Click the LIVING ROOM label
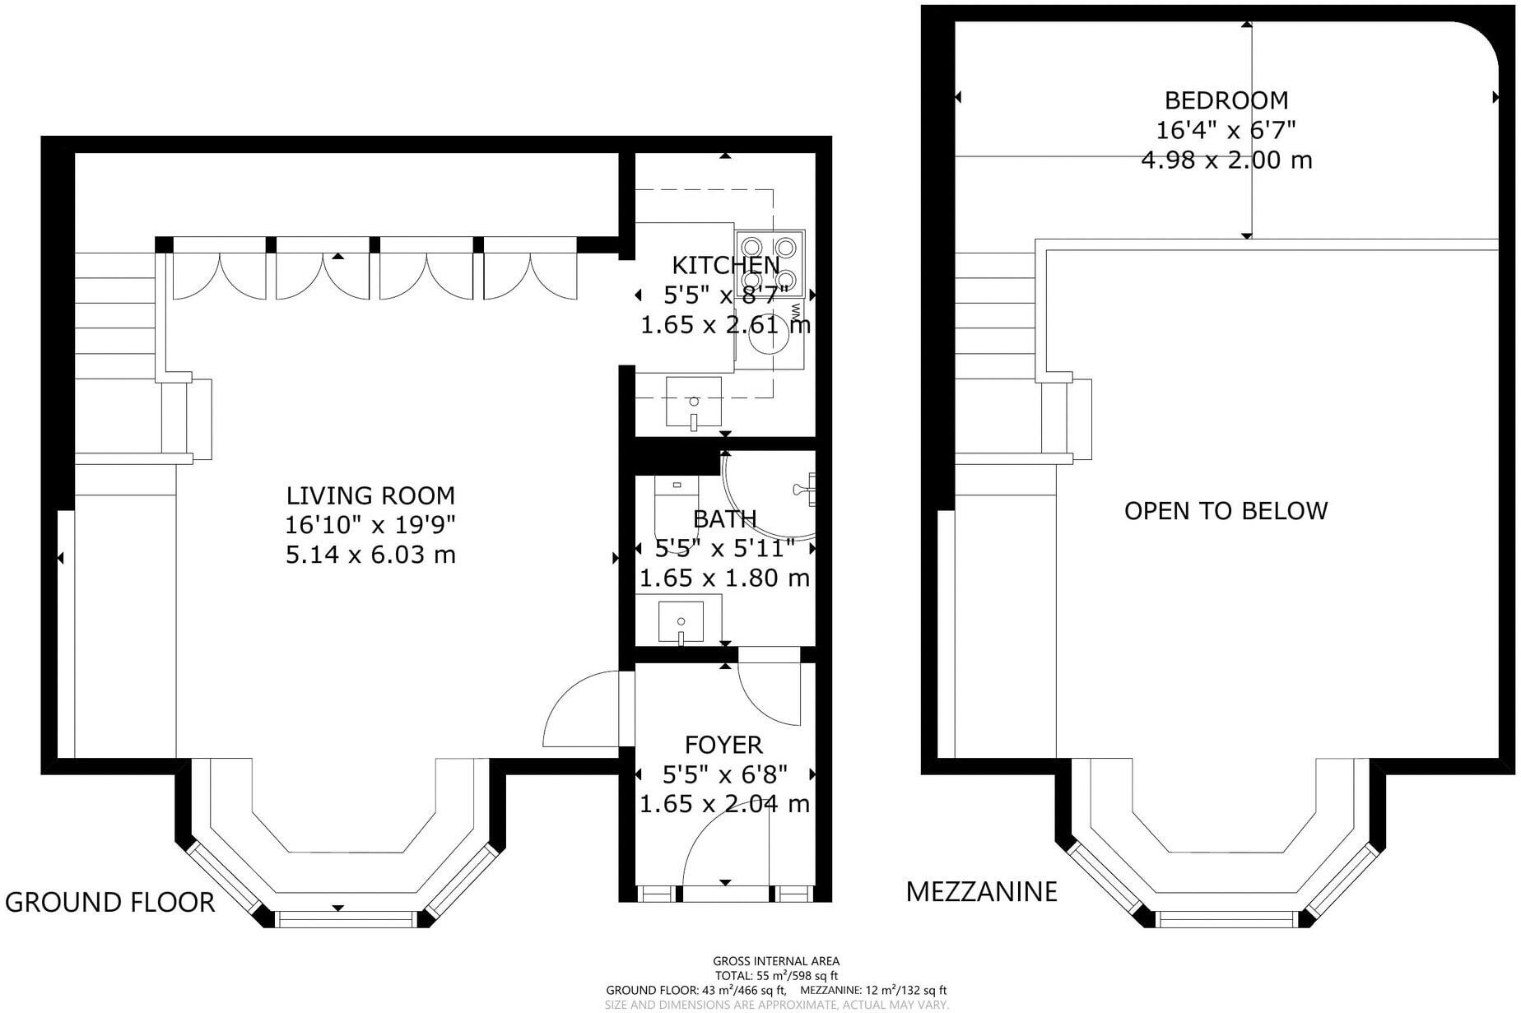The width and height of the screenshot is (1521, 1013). (370, 495)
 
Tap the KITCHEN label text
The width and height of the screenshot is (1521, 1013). (725, 265)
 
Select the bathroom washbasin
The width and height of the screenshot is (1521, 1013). (681, 622)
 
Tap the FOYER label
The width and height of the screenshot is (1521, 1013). (723, 745)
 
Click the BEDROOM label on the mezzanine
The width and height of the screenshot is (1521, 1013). (1226, 100)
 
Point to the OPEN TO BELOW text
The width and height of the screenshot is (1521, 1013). (1226, 511)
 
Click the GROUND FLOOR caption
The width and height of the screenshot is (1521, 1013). (109, 902)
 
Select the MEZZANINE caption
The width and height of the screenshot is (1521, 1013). (981, 891)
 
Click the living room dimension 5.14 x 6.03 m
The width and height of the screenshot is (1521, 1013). (370, 555)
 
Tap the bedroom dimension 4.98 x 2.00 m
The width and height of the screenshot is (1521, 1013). (1226, 160)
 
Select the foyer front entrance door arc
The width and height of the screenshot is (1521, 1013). (716, 848)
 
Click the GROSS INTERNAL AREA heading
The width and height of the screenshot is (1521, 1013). (776, 960)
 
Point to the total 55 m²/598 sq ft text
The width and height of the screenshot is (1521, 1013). (776, 975)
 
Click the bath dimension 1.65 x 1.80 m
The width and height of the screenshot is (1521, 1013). (724, 578)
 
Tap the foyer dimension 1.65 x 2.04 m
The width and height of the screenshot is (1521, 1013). (724, 804)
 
